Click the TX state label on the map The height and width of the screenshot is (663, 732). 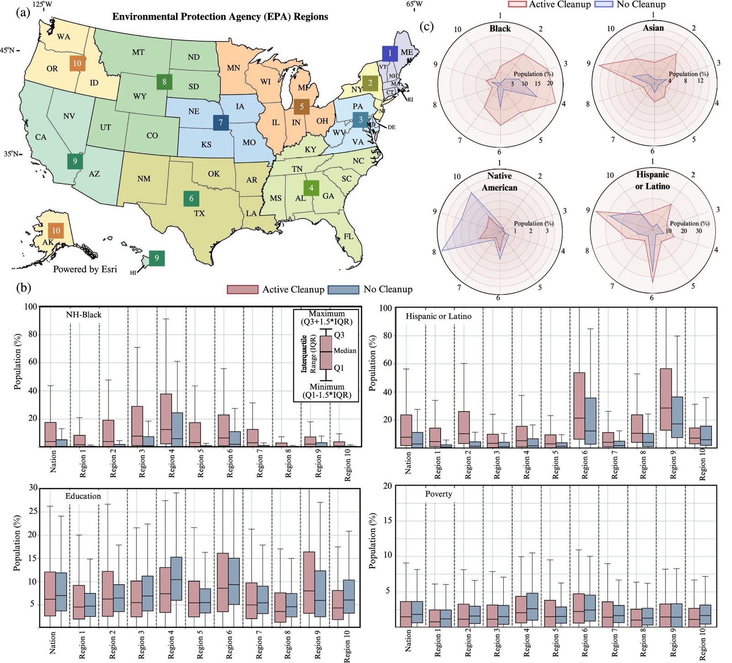(199, 214)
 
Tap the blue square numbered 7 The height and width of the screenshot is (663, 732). (221, 123)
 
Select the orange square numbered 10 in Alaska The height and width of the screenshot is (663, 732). (56, 230)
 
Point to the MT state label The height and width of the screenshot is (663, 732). (138, 52)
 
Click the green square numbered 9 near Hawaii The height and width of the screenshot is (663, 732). (156, 258)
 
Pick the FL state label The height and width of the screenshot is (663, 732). (349, 236)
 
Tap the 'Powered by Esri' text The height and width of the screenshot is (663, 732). (85, 269)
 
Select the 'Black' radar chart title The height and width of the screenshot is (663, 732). (500, 28)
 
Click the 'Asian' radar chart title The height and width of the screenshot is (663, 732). (653, 28)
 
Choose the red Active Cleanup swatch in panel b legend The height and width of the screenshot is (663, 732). (242, 289)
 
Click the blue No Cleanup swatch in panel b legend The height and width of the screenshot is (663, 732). (344, 289)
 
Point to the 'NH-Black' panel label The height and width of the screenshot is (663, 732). (83, 315)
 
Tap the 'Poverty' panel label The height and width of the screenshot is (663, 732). (438, 494)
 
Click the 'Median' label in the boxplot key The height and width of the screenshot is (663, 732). (345, 351)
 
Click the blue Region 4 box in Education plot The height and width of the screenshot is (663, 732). (176, 578)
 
